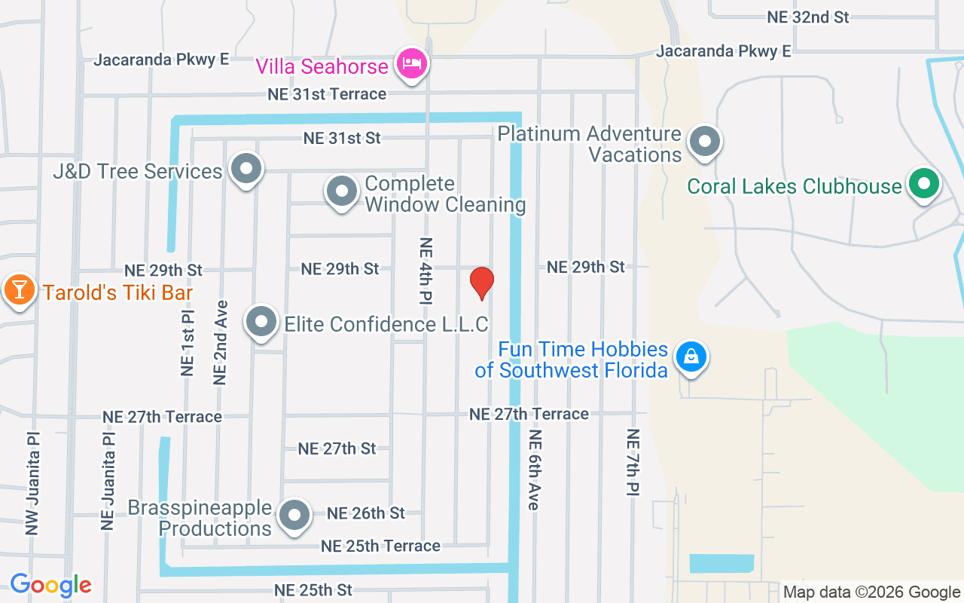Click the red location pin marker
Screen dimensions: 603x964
click(481, 283)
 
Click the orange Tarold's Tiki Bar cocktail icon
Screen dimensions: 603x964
click(18, 290)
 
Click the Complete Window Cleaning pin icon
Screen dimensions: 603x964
click(342, 192)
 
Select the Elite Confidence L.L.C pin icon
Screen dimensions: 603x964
click(262, 323)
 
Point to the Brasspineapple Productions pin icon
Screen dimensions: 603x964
click(294, 516)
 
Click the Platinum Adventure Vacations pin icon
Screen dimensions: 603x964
click(705, 141)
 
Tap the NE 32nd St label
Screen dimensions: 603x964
click(807, 17)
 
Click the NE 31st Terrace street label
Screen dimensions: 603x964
click(327, 94)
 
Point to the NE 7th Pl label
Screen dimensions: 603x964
click(633, 462)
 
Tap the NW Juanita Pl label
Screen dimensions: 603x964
click(32, 483)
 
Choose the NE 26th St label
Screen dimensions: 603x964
click(365, 513)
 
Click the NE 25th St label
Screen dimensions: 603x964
click(313, 589)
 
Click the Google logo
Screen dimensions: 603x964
click(50, 585)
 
